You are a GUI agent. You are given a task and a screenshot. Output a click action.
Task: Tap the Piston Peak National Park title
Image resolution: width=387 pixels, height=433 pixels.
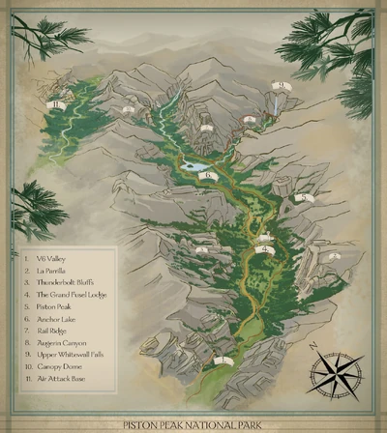point(193,423)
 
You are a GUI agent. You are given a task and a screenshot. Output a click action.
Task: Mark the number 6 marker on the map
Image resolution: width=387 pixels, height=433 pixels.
point(208,175)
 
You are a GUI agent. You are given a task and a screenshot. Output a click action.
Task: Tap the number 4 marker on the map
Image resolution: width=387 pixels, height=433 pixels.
point(265,249)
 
